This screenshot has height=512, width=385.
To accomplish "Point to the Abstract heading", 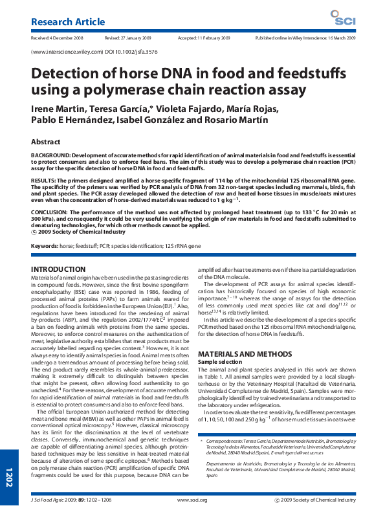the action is [x=47, y=142].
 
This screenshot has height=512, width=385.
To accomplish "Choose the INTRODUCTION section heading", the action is [x=58, y=269].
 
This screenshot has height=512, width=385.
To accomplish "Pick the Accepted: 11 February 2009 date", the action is [x=203, y=38].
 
